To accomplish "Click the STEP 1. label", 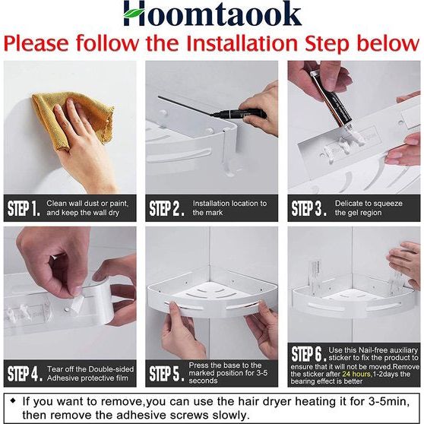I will click(24, 208).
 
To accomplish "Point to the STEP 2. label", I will click(166, 208).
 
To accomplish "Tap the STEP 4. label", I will click(24, 373).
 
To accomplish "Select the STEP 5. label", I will click(166, 373).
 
